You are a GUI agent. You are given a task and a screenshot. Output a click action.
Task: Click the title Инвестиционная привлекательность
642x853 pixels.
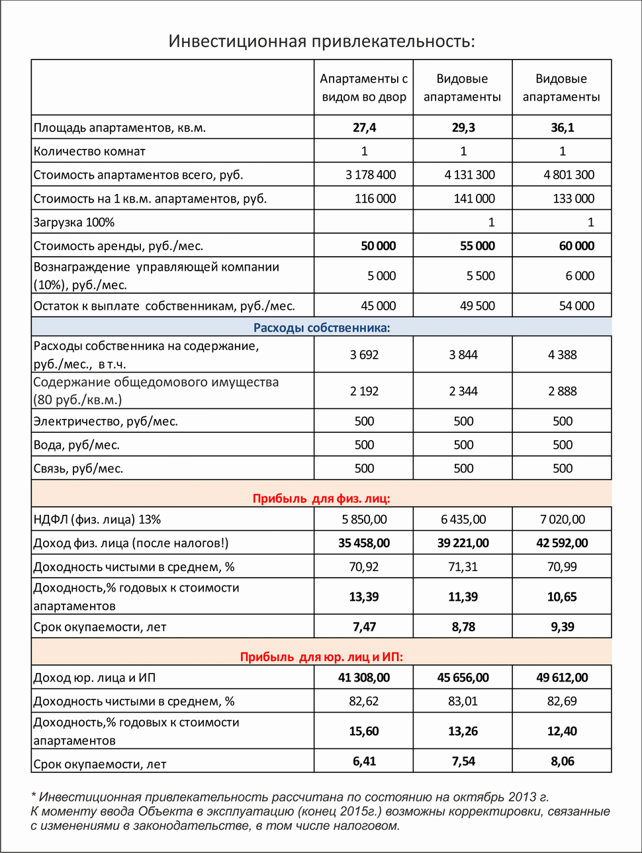[322, 41]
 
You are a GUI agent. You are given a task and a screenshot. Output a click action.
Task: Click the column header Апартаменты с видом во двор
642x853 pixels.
[363, 88]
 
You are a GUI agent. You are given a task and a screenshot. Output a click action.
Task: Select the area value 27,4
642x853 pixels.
[363, 128]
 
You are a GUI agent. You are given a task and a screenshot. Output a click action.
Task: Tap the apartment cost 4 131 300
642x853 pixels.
[469, 175]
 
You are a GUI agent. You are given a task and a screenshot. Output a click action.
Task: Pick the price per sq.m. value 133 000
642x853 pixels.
[573, 199]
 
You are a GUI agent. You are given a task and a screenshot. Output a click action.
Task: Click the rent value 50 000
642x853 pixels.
[378, 246]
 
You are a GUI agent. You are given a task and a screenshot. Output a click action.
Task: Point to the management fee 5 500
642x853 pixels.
[481, 276]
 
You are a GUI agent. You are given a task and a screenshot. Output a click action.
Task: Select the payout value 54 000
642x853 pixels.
[576, 306]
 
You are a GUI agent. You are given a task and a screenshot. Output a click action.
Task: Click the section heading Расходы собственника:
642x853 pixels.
[322, 328]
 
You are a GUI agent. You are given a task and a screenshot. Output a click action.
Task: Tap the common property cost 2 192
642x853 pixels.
[364, 391]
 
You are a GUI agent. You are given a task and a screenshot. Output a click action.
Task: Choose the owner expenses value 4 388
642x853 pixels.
[562, 355]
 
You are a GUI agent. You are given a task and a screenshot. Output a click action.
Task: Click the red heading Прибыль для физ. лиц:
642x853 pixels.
[321, 498]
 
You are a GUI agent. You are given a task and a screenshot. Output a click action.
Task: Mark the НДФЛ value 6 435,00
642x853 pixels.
[463, 519]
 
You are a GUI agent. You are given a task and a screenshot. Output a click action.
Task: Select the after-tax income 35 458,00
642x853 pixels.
[363, 543]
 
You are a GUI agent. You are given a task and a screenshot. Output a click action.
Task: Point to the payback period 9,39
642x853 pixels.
[562, 627]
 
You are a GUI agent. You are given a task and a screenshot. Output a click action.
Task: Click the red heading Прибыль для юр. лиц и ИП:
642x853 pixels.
[321, 656]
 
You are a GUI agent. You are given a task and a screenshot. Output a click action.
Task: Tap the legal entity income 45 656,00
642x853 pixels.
[463, 678]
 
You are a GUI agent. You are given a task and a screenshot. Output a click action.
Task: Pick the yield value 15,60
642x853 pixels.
[363, 731]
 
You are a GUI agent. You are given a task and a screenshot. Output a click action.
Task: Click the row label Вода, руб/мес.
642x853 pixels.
[77, 445]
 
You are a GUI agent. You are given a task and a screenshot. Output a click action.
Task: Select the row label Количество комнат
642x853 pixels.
[89, 152]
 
